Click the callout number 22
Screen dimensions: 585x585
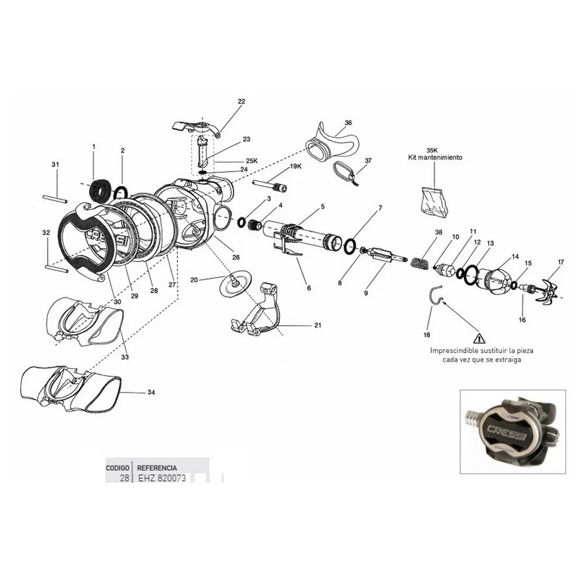click(x=241, y=101)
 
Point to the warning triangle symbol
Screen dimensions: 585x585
click(x=479, y=338)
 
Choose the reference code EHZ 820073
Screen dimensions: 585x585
click(x=157, y=478)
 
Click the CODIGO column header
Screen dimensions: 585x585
click(x=118, y=468)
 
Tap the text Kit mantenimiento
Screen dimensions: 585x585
click(x=435, y=158)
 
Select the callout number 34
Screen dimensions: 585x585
click(x=152, y=392)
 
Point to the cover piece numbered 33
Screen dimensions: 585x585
click(x=85, y=322)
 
